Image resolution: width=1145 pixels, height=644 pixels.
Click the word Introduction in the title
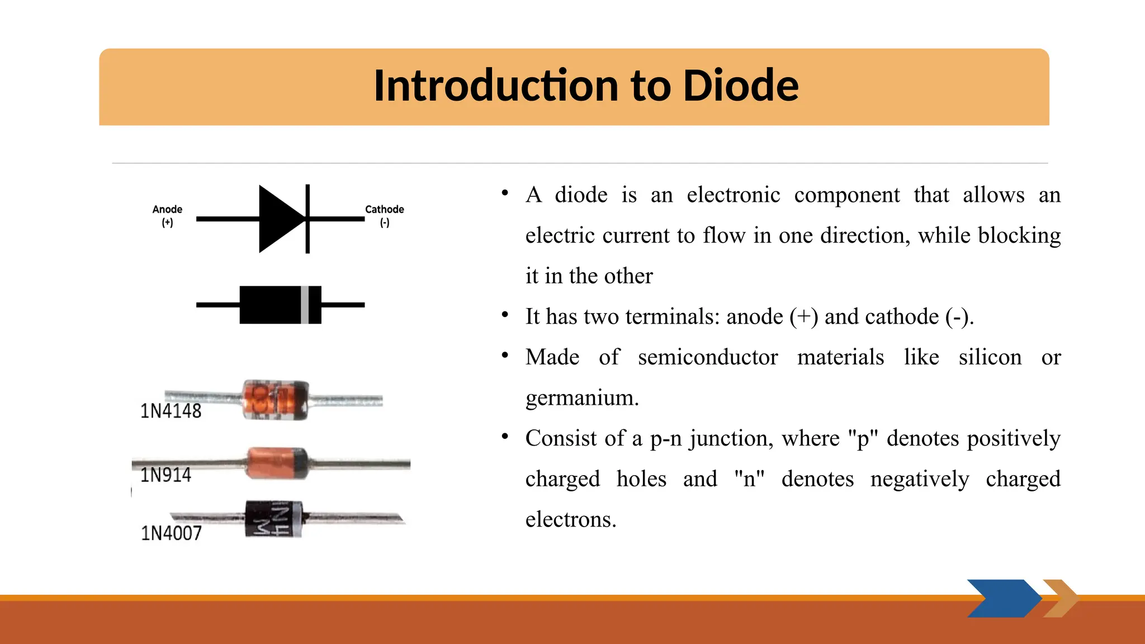coord(495,86)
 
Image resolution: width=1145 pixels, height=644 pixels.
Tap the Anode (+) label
coord(167,215)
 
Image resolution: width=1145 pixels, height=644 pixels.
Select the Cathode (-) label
coord(384,215)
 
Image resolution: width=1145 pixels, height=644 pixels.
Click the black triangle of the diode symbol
coord(280,219)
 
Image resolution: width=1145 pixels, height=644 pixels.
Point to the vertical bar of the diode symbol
coord(307,219)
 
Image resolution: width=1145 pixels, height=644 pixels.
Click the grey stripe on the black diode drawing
coord(305,305)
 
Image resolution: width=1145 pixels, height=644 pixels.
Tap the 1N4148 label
coord(171,411)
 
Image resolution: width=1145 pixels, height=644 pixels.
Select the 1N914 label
coord(165,475)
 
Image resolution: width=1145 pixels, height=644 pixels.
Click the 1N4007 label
coord(171,533)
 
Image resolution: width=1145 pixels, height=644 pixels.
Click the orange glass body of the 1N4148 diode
coord(275,399)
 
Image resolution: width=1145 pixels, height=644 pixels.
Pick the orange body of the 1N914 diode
coord(274,463)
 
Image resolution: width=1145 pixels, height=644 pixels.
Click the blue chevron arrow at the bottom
coord(1004,598)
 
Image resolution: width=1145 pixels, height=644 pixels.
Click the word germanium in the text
coord(581,398)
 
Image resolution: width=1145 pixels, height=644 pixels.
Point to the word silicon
coord(990,357)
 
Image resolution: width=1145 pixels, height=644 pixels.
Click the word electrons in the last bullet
coord(570,519)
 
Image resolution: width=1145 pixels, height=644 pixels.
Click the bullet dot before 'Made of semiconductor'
coord(505,355)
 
